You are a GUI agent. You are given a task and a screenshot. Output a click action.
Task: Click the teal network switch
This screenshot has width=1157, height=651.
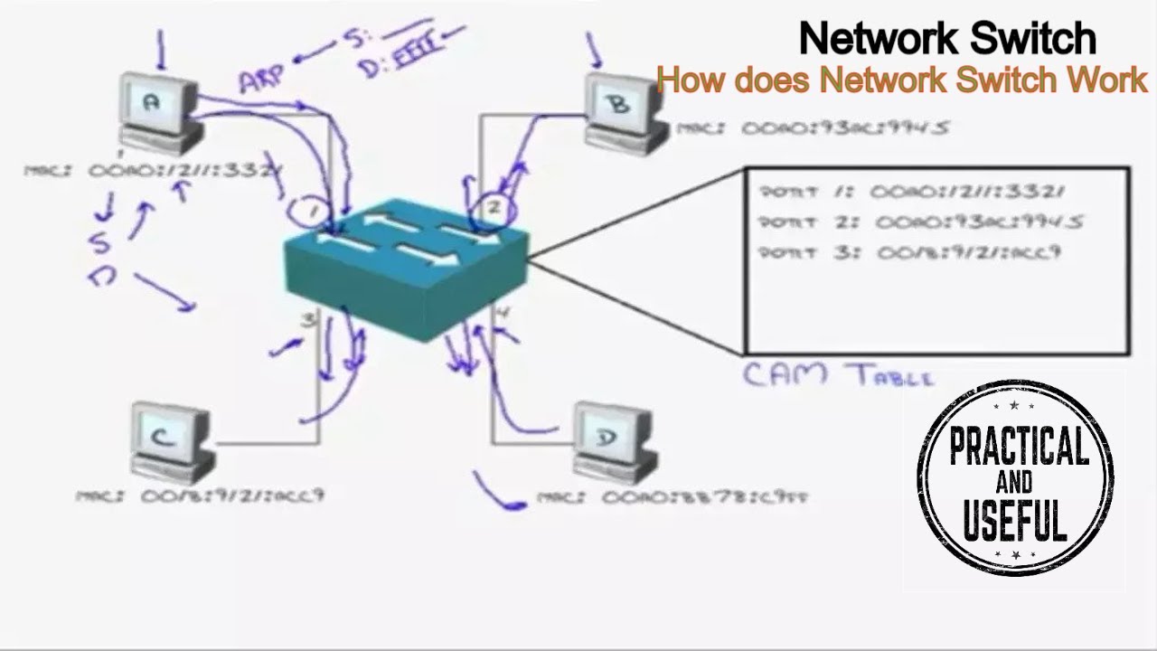click(x=407, y=267)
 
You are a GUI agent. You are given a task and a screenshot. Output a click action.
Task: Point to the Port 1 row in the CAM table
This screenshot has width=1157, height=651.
click(x=913, y=192)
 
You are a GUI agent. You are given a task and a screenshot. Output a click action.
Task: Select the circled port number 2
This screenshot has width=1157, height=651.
click(x=494, y=208)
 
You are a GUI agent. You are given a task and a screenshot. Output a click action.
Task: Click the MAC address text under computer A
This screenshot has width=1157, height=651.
click(x=149, y=170)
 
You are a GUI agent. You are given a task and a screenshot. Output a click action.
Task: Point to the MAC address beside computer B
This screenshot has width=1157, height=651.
click(x=813, y=128)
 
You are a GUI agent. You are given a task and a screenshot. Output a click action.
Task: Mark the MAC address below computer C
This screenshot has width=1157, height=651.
click(x=200, y=495)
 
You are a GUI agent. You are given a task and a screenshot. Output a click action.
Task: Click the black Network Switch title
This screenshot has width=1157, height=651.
click(x=947, y=39)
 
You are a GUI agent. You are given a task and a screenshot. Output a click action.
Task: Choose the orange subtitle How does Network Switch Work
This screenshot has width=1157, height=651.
click(x=902, y=80)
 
